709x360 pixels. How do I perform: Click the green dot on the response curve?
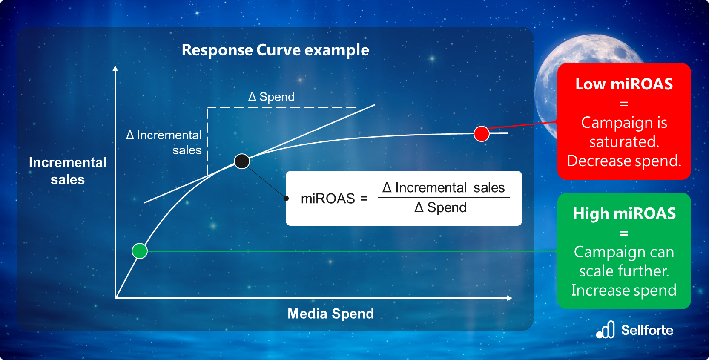(x=140, y=251)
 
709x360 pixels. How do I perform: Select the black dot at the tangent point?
(x=242, y=161)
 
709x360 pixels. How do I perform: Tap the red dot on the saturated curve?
(x=482, y=134)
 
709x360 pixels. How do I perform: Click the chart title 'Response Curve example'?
(x=275, y=50)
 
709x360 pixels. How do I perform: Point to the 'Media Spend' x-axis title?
(x=330, y=314)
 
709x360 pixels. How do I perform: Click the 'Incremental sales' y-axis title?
(x=68, y=171)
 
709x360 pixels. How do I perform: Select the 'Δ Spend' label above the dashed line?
(x=271, y=97)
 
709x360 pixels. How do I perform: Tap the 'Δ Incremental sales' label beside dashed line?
(x=164, y=142)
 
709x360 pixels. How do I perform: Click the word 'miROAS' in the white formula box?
(x=328, y=199)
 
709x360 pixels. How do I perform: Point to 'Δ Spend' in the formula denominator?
(x=440, y=207)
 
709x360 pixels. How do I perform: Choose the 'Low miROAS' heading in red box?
(x=624, y=84)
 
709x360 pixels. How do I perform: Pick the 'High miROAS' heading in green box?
(x=624, y=213)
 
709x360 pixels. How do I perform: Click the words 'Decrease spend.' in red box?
(x=624, y=161)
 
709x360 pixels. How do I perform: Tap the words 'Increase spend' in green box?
(x=624, y=290)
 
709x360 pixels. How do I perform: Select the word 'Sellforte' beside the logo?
(x=647, y=330)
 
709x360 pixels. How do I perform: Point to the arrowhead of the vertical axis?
(x=115, y=68)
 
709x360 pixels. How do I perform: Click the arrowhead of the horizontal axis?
(x=510, y=298)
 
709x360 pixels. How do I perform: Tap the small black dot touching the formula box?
(x=286, y=198)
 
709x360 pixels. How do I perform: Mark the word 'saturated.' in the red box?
(x=624, y=141)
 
